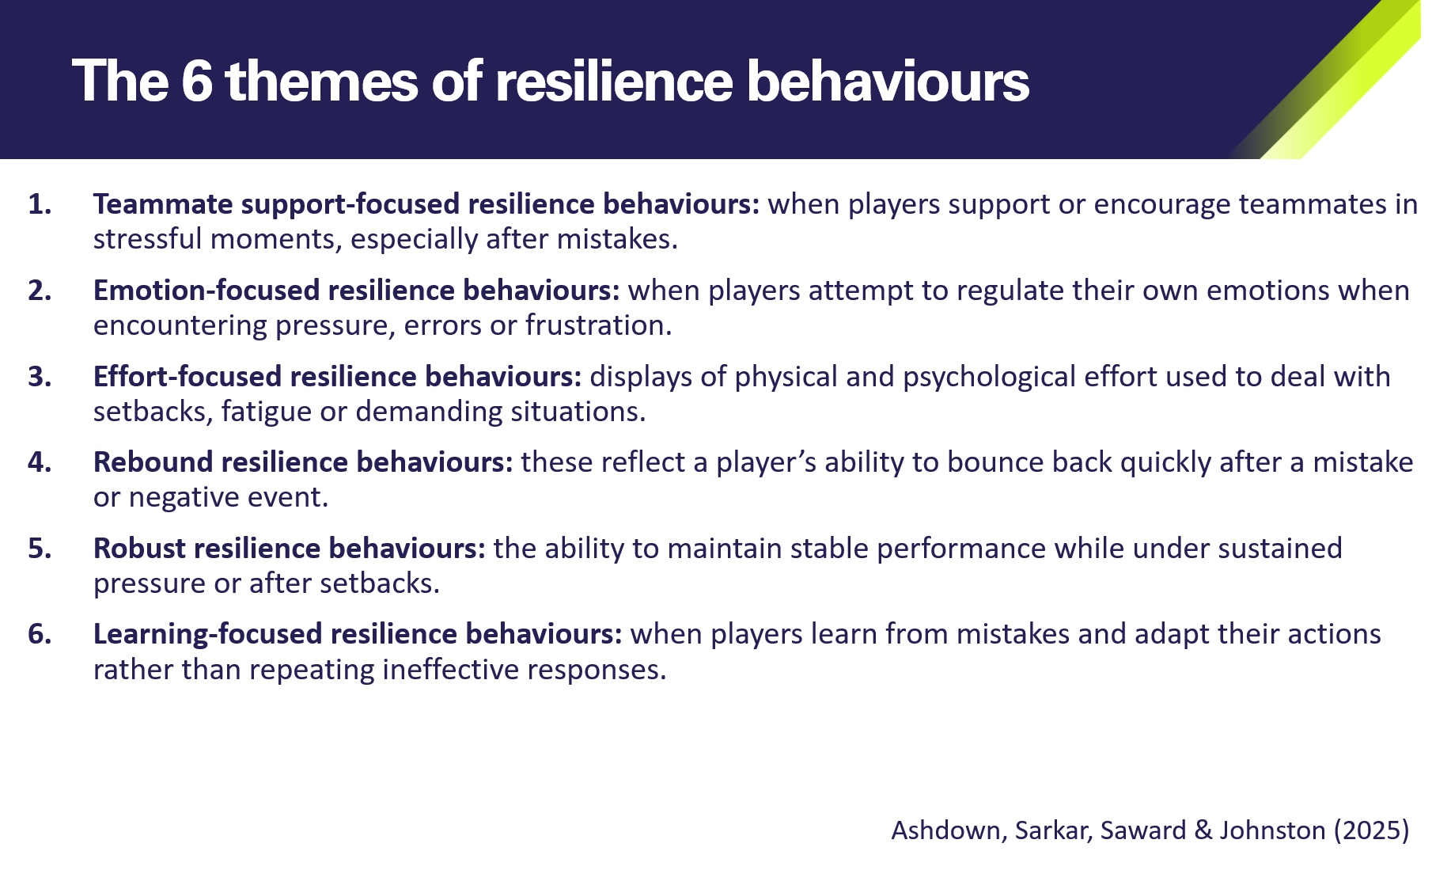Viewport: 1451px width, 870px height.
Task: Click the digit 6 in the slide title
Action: [197, 82]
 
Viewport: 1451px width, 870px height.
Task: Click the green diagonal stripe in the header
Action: [1345, 79]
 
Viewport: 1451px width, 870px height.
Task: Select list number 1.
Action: [40, 204]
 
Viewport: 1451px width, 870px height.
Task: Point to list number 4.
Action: [40, 462]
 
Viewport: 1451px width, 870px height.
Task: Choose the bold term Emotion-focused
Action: [206, 291]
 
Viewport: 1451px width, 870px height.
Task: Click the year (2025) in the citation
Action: [1371, 830]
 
